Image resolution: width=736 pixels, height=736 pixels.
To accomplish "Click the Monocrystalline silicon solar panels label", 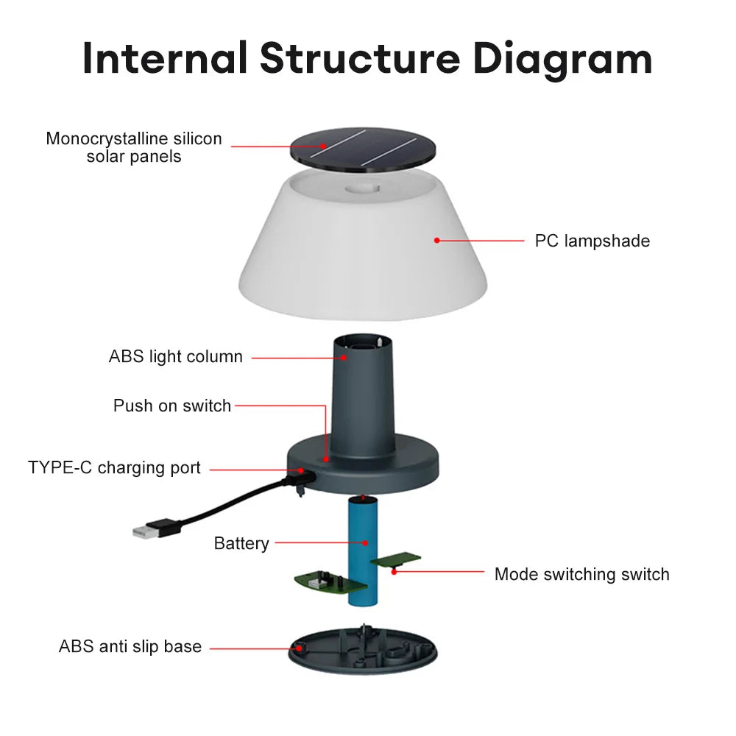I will click(x=133, y=147).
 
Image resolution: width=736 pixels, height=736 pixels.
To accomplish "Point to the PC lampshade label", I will click(x=592, y=241).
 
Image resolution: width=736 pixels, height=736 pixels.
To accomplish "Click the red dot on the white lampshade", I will click(x=436, y=240).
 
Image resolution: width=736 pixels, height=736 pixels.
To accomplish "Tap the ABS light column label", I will click(x=175, y=357).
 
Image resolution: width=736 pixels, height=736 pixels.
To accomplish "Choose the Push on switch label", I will click(x=171, y=406).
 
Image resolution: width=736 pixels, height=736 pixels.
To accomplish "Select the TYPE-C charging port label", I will click(x=114, y=468).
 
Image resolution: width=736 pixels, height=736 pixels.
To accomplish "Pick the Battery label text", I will click(x=241, y=543).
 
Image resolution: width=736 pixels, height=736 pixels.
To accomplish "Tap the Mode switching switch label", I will click(x=581, y=574).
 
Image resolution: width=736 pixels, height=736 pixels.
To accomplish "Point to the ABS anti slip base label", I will click(x=130, y=647).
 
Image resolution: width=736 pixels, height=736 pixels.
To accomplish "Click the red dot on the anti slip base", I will click(x=299, y=648).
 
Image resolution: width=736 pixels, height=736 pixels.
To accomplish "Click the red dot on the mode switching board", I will click(x=394, y=570).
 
